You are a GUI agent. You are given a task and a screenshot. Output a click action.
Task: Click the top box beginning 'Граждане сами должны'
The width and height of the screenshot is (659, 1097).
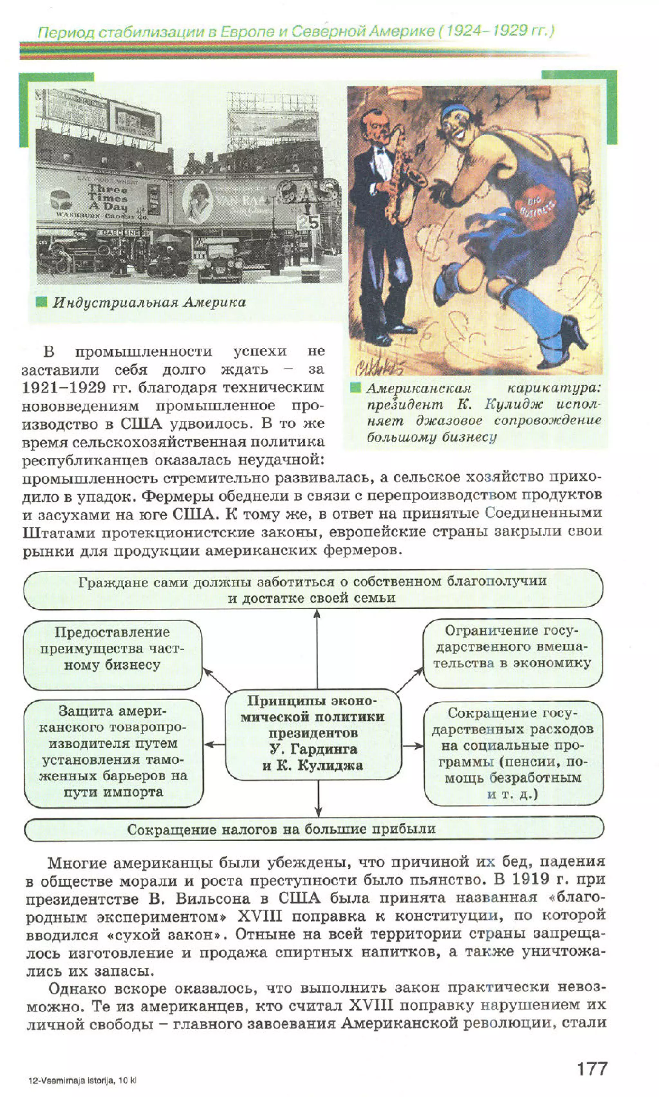(313, 589)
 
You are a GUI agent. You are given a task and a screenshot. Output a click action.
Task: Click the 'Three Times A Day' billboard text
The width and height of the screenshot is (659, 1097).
(108, 198)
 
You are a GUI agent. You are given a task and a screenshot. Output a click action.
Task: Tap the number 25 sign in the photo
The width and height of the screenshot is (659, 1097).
(308, 222)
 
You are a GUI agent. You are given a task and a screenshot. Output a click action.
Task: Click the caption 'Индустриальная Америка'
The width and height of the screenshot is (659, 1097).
(149, 302)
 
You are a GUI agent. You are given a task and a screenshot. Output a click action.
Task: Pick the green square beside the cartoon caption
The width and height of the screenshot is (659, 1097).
(355, 387)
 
